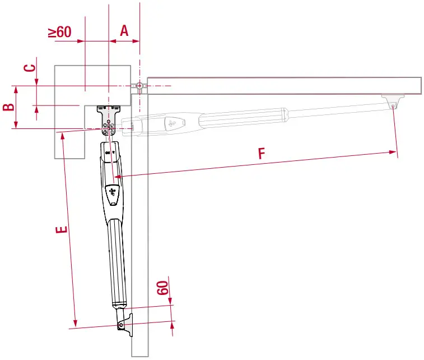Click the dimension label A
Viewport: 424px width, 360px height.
click(x=124, y=30)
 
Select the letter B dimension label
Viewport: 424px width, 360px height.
click(x=8, y=107)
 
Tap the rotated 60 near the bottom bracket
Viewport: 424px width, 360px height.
click(x=162, y=289)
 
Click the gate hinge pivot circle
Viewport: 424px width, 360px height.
click(x=139, y=86)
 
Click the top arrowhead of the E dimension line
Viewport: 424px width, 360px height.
click(x=61, y=135)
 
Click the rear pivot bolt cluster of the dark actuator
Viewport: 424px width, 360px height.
click(x=109, y=130)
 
